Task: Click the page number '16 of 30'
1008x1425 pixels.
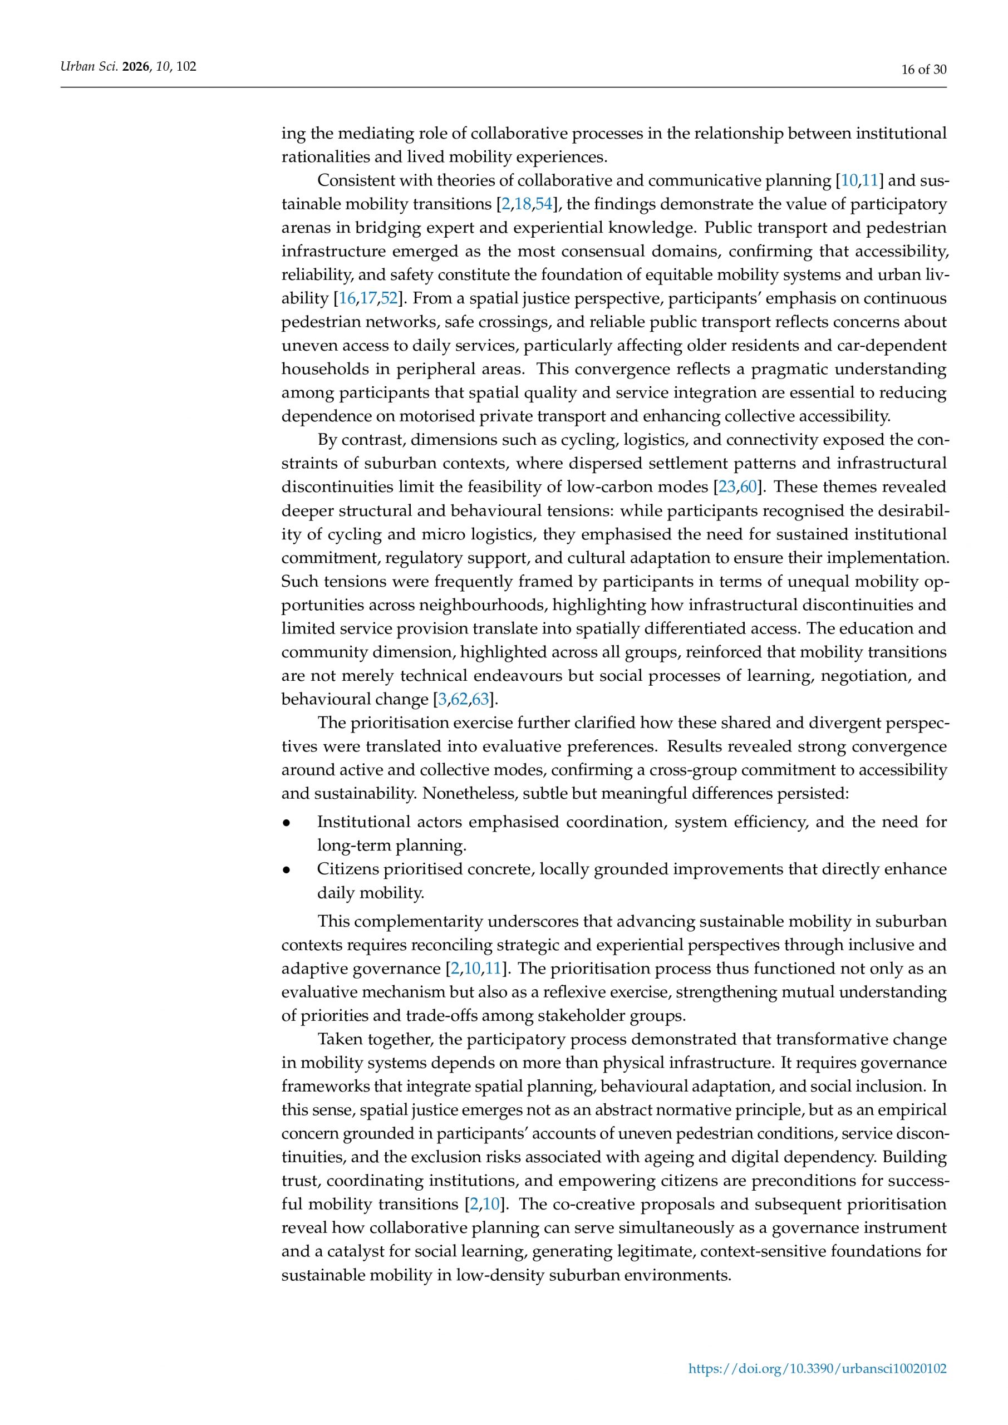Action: (x=923, y=70)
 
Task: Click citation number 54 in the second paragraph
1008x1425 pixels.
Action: (x=543, y=204)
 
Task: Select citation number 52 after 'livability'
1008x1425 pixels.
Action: (x=389, y=298)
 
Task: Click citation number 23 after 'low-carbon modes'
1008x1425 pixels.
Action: (x=726, y=487)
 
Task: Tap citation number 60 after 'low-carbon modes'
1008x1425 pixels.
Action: (x=748, y=487)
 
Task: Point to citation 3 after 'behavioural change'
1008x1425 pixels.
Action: (x=442, y=700)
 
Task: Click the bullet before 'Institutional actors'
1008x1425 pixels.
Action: (x=286, y=823)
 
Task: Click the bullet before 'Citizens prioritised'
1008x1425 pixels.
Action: (x=286, y=870)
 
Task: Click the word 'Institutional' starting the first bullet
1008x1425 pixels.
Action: (x=359, y=822)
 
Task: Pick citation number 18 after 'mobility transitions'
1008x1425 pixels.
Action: (x=523, y=204)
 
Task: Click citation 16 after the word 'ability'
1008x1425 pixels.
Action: (x=347, y=298)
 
